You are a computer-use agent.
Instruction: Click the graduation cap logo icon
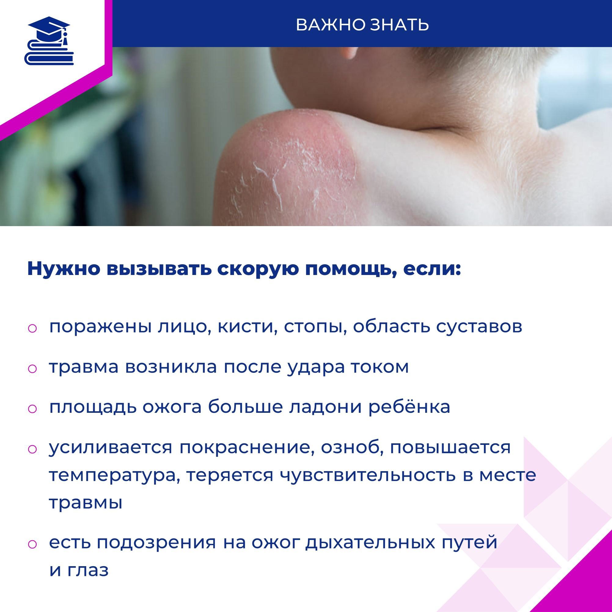coord(49,41)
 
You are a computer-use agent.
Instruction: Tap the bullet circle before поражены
coord(33,328)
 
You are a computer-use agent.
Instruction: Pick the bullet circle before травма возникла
coord(33,369)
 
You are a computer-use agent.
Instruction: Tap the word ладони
coord(326,407)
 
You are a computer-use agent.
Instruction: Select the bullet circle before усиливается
coord(33,449)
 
